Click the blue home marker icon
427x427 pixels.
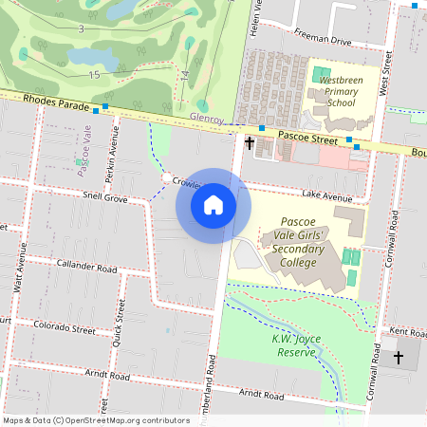[x=213, y=205]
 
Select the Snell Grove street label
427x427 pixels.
[x=104, y=197]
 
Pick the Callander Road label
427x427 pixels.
[x=86, y=266]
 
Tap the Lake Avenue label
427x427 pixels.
[x=326, y=195]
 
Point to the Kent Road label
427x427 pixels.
[x=409, y=333]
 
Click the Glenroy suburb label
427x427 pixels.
[x=207, y=119]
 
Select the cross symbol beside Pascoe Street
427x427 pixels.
[x=250, y=143]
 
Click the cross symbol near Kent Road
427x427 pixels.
[x=399, y=358]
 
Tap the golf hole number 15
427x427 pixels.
[x=94, y=74]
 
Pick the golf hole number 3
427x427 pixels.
[x=81, y=29]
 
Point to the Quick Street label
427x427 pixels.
[x=121, y=318]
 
